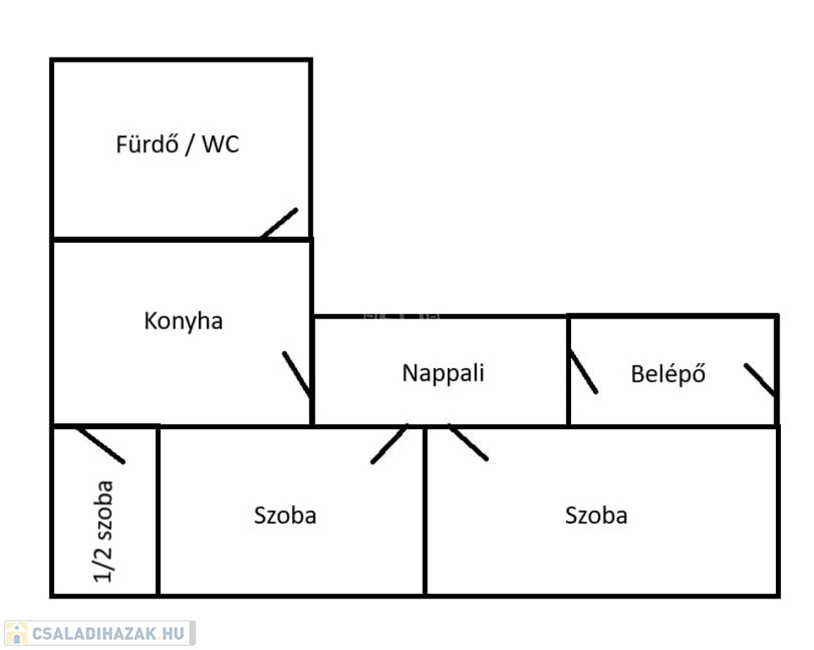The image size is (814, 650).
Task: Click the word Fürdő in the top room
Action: (146, 144)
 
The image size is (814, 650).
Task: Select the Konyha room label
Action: (184, 322)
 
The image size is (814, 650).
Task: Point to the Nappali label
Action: (443, 372)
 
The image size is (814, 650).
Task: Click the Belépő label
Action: (668, 373)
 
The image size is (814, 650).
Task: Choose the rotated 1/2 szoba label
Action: (104, 531)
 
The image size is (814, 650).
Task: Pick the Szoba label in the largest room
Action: (597, 515)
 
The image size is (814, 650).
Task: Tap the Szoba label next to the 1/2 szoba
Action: (285, 515)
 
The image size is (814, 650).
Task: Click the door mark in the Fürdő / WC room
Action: (280, 223)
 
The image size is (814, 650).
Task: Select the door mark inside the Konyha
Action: (297, 374)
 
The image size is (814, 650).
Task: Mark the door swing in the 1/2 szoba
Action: (101, 445)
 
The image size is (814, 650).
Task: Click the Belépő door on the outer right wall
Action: (760, 380)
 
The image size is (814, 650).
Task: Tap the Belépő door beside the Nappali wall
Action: (583, 372)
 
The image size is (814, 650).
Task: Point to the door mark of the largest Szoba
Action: (468, 443)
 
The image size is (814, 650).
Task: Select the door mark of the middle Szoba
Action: (389, 443)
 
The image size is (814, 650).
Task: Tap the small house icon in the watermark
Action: (16, 633)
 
